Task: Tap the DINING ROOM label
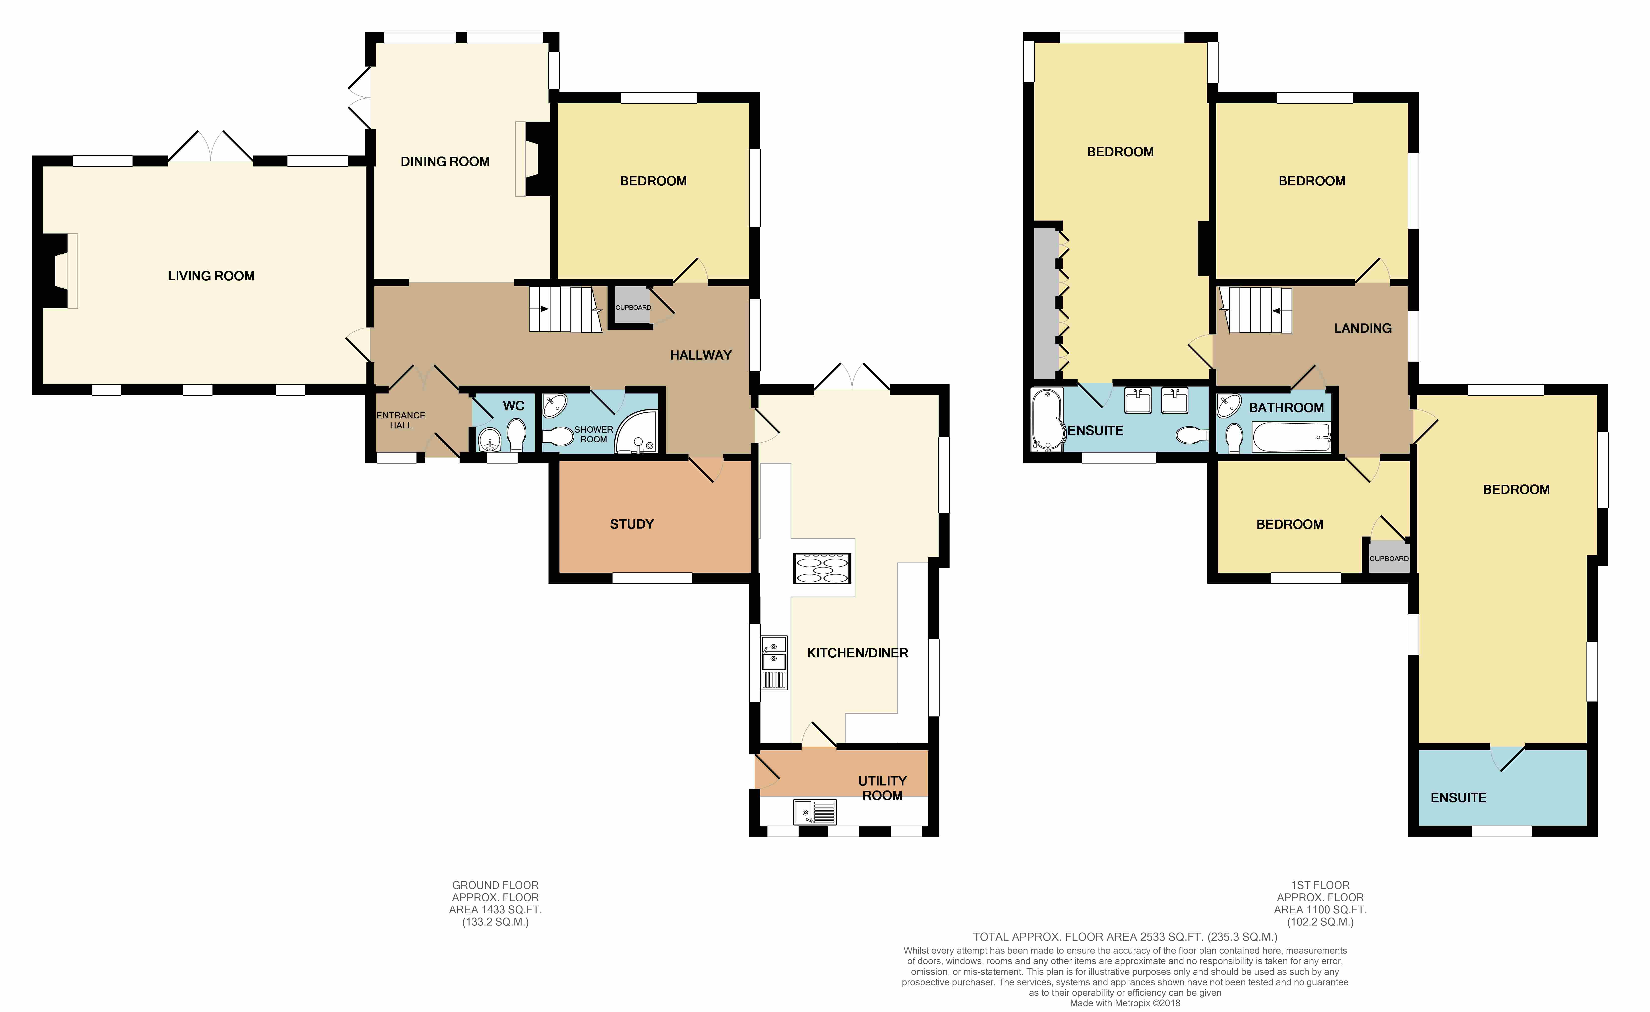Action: pyautogui.click(x=445, y=161)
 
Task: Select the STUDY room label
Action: pyautogui.click(x=631, y=524)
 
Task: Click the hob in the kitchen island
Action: pyautogui.click(x=822, y=568)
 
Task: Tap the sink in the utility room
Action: pyautogui.click(x=815, y=812)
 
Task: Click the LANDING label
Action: pyautogui.click(x=1363, y=328)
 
